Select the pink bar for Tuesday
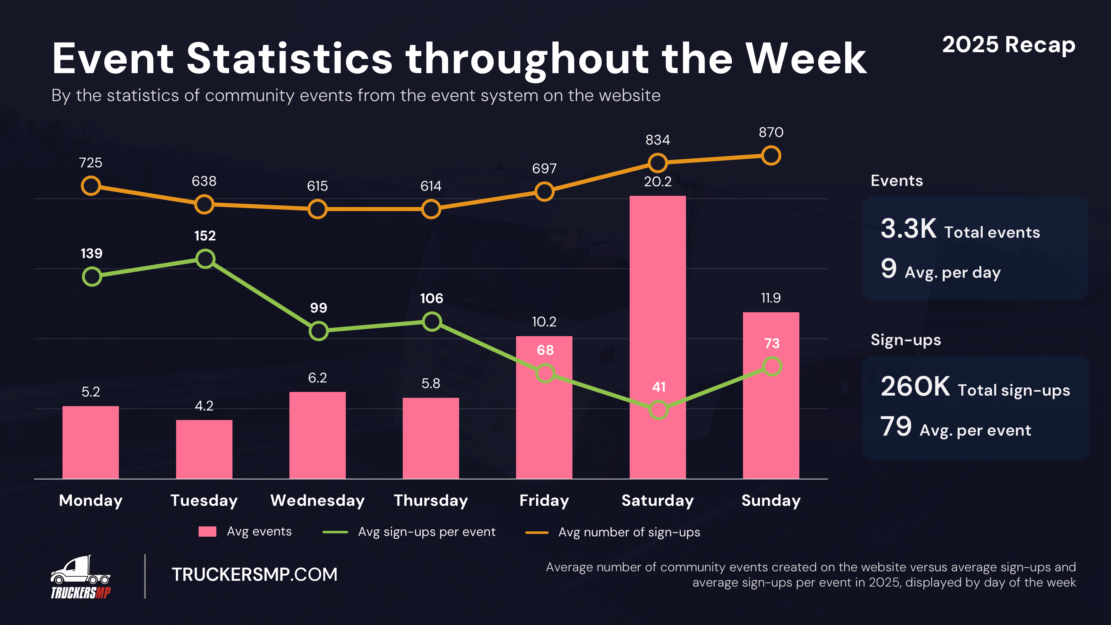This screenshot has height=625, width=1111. point(204,449)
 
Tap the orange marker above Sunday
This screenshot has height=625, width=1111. point(771,156)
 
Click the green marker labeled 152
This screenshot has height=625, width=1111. point(205,259)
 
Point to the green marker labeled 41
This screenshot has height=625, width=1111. point(658,410)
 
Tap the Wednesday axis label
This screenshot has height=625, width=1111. point(317,500)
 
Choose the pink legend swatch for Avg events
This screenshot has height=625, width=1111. point(207,531)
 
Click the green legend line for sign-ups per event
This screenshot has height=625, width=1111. point(335,532)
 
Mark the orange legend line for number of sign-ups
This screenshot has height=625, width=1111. point(537,532)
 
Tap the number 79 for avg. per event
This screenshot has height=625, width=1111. point(896,427)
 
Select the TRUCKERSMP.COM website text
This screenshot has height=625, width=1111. point(254,574)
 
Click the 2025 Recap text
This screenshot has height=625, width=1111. point(1008,45)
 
